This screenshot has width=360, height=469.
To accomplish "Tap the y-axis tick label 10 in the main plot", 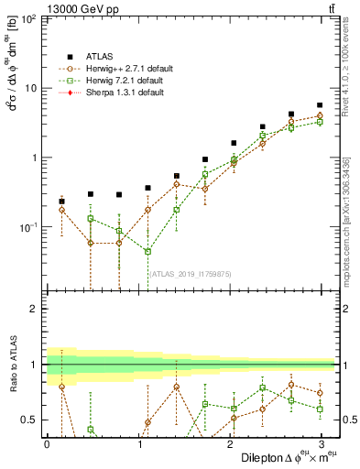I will [30, 88].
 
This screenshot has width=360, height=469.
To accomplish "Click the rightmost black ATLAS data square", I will [319, 105].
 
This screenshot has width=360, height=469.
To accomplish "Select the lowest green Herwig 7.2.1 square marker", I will [147, 251].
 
